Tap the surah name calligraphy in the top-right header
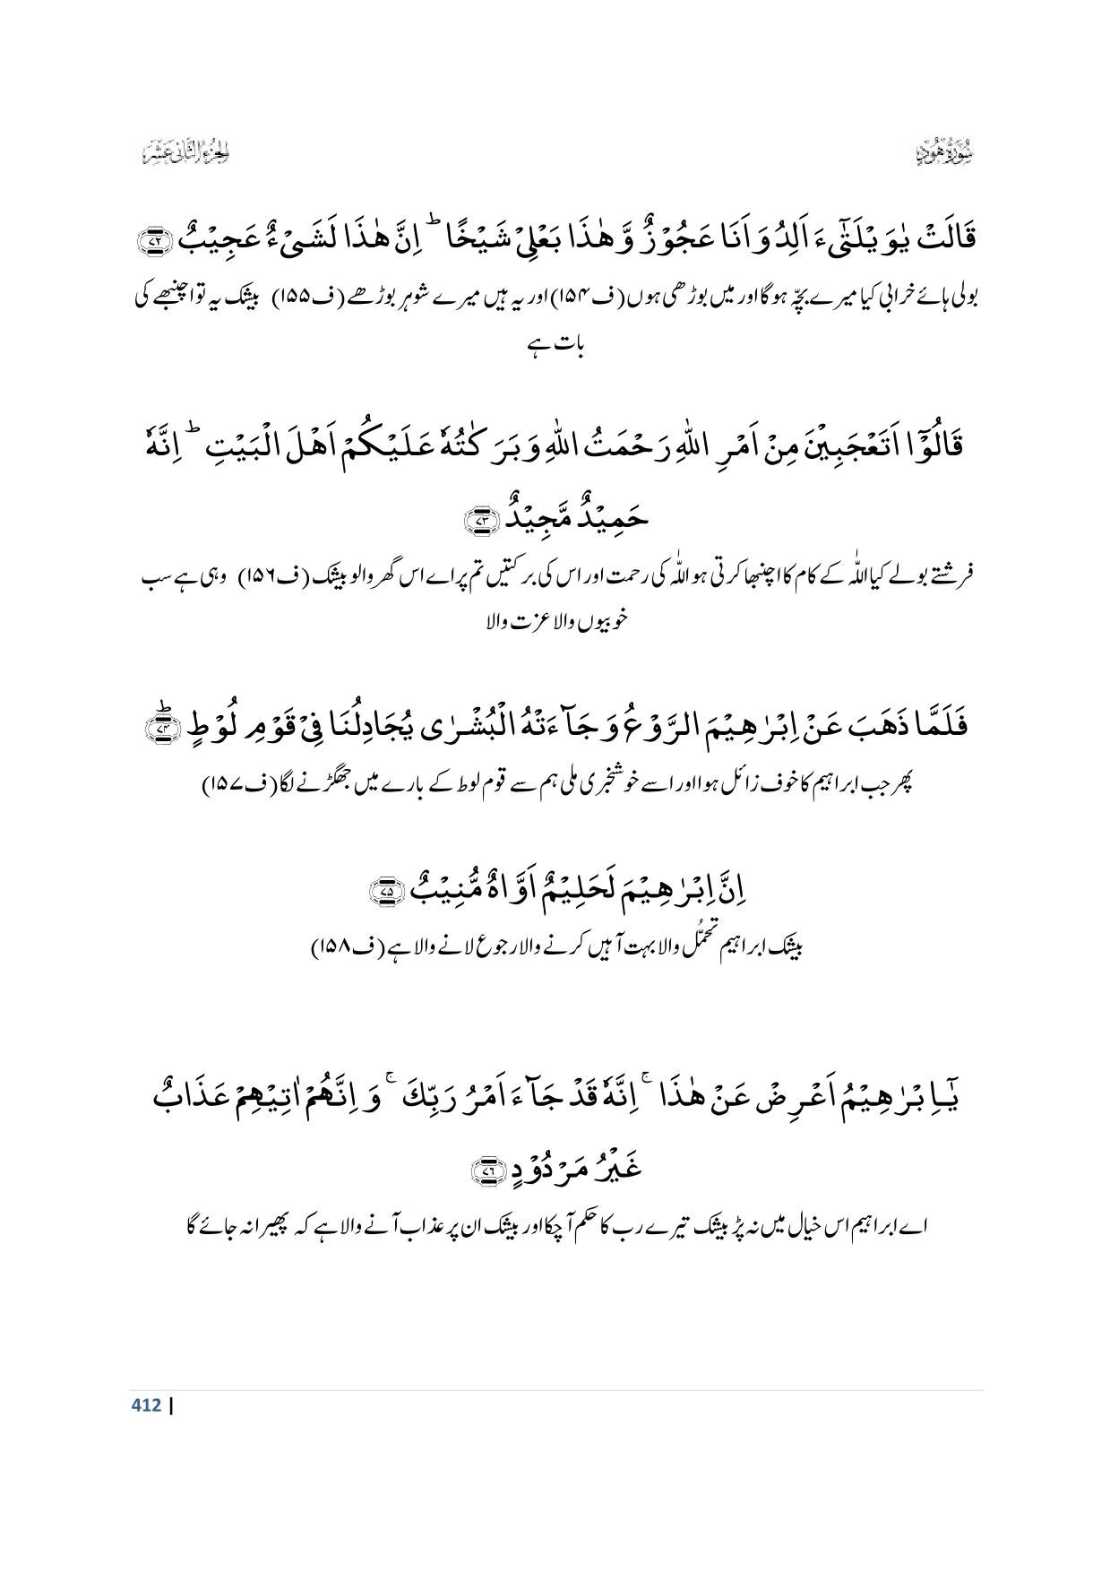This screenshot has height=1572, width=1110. point(947,153)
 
